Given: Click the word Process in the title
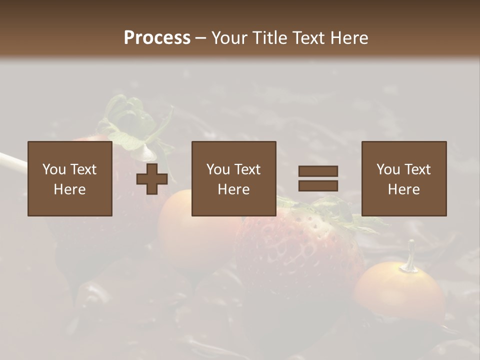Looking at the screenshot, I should (157, 38).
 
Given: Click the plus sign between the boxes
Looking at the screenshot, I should (152, 178).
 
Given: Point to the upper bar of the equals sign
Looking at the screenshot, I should (318, 171).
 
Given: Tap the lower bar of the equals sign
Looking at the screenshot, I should (318, 185).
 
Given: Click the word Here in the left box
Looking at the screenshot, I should (69, 189).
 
